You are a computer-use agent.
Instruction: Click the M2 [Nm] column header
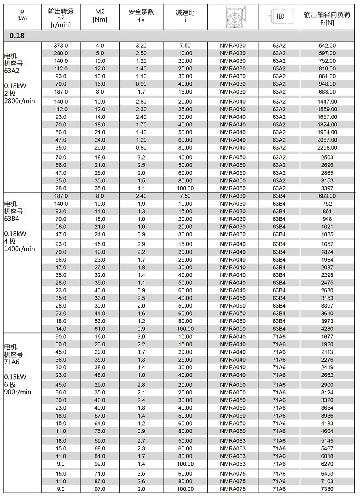[100, 16]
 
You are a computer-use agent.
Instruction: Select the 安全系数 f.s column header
[141, 16]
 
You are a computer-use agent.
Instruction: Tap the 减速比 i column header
[185, 16]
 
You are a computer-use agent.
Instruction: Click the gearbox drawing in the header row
[232, 16]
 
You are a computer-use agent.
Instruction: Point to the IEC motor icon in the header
[279, 16]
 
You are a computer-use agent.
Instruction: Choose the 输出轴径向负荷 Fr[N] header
[327, 16]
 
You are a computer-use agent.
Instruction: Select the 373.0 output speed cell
[61, 46]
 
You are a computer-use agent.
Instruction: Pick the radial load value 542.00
[327, 46]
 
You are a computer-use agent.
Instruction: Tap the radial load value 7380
[327, 489]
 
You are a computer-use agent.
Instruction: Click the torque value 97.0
[100, 489]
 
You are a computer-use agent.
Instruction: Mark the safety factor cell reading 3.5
[141, 474]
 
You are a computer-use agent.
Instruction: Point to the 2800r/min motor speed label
[19, 101]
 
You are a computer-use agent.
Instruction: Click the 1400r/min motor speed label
[19, 249]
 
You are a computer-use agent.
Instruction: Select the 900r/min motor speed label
[18, 392]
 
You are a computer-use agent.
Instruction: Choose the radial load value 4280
[327, 329]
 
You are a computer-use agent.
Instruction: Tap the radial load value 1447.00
[327, 102]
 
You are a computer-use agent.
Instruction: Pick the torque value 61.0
[100, 329]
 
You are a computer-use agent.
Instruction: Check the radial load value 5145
[327, 441]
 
